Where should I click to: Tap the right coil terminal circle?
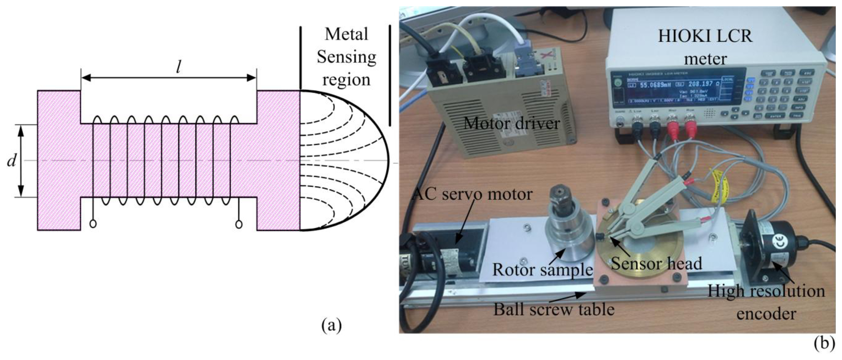tap(239, 225)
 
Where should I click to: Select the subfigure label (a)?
tap(332, 325)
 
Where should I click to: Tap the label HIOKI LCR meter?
tap(705, 47)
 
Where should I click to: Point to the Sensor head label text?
tap(656, 263)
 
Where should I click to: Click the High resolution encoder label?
tap(766, 302)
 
